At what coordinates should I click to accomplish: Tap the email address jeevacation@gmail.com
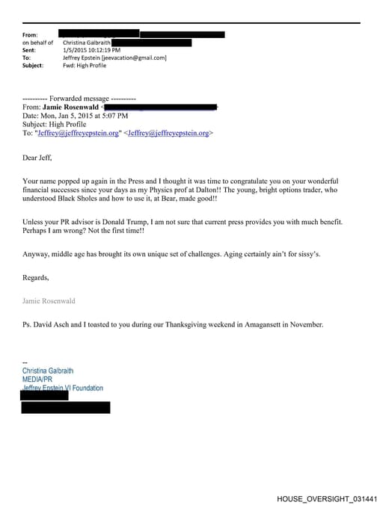point(138,58)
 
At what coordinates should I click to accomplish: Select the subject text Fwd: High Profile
point(85,65)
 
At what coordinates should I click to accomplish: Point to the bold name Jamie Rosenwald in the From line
point(72,108)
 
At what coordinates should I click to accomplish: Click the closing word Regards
point(36,278)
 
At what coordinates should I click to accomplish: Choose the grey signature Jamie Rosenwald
point(49,301)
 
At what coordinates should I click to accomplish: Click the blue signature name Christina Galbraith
point(48,371)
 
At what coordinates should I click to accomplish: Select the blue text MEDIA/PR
point(37,379)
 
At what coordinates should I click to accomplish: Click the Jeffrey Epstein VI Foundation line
point(63,388)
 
